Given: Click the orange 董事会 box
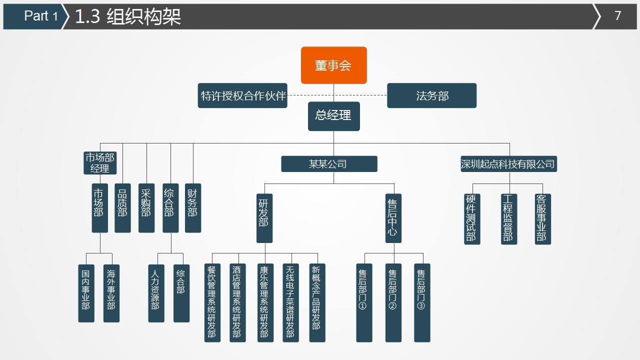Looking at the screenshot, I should point(333,65).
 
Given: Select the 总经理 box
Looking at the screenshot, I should point(333,116).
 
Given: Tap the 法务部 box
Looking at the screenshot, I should point(431,95).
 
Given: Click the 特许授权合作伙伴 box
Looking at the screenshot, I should point(242,95).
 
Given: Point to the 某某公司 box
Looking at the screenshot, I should point(329,164).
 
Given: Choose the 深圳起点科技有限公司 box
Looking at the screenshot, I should point(508,164).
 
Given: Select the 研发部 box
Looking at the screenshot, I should point(264,218).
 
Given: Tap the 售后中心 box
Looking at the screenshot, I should point(393,218).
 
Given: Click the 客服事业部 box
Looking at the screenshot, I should point(542,219).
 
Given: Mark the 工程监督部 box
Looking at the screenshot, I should point(509,219).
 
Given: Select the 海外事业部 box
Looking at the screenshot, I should point(111,293).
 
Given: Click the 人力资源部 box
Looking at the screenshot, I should point(156,293).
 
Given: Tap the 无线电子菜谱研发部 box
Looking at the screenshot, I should point(290,302).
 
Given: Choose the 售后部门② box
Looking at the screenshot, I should point(393,302).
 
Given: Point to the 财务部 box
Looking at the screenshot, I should point(193,208).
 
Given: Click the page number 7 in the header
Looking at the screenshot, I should point(617,16).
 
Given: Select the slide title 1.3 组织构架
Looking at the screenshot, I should point(128,16).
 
